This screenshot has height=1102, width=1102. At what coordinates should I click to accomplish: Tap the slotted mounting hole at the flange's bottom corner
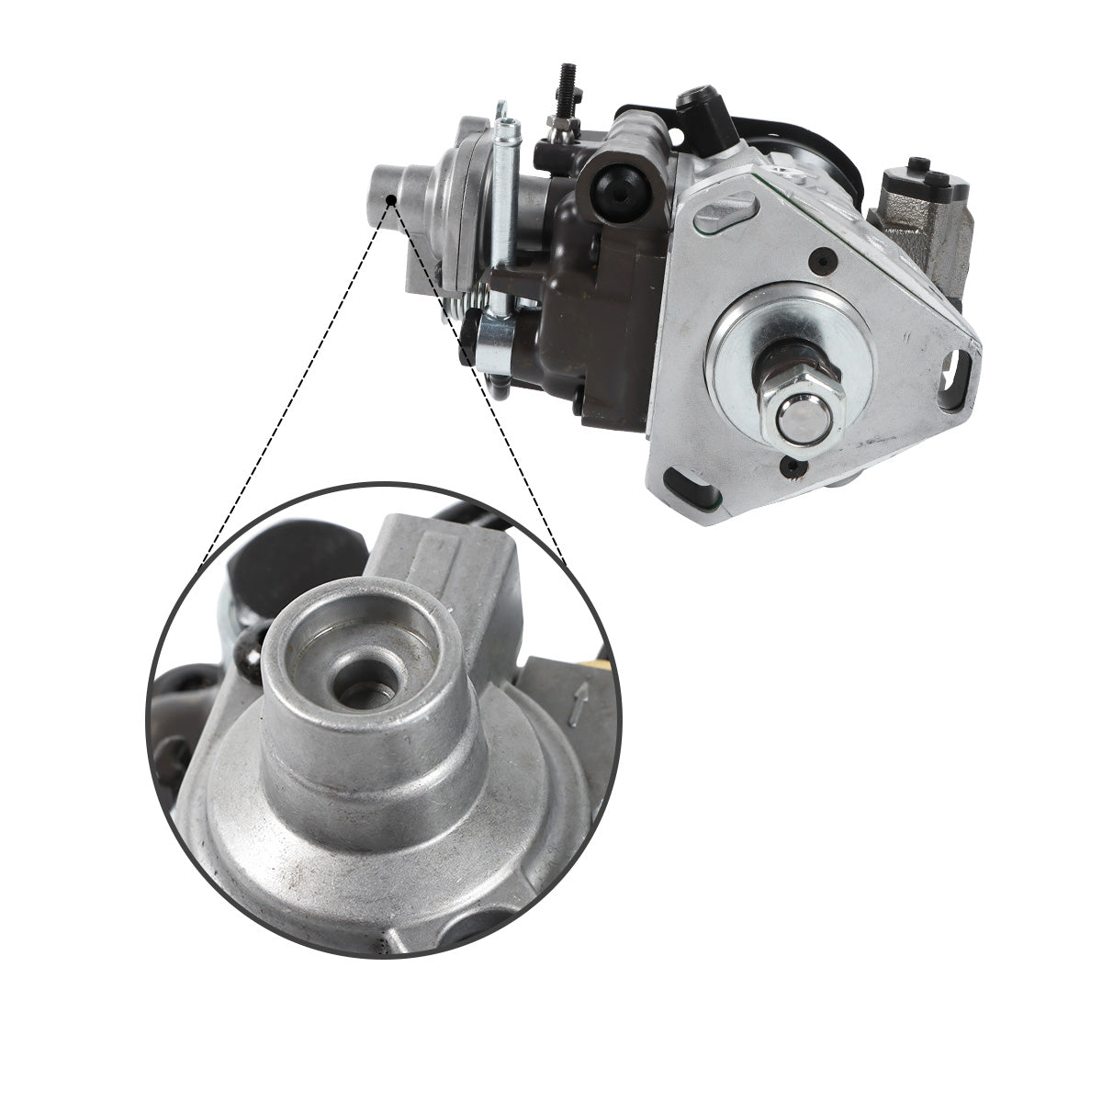pos(684,479)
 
